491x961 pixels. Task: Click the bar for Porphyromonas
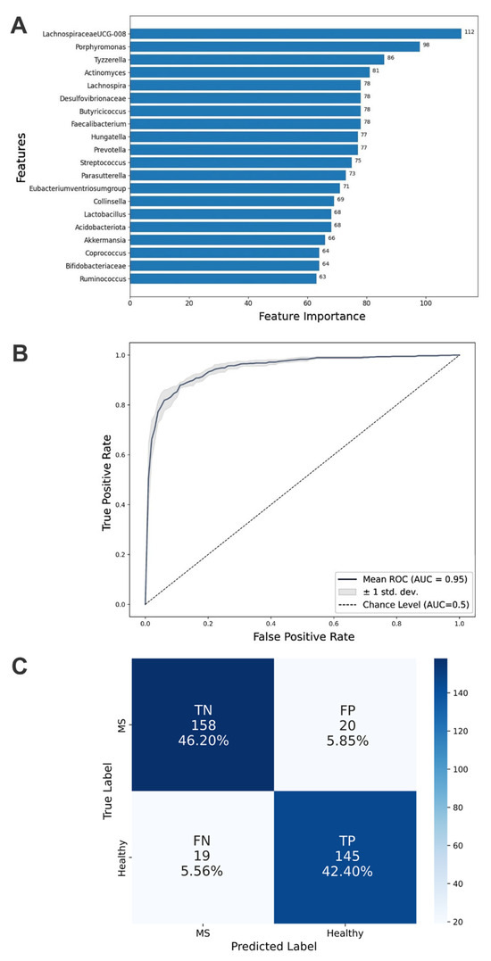[x=274, y=46]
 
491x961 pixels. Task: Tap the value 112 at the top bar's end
[x=469, y=33]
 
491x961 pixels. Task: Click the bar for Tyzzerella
[x=256, y=60]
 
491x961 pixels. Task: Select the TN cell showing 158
[x=204, y=723]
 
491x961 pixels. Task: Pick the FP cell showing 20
[x=345, y=723]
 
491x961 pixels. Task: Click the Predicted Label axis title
[x=274, y=949]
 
